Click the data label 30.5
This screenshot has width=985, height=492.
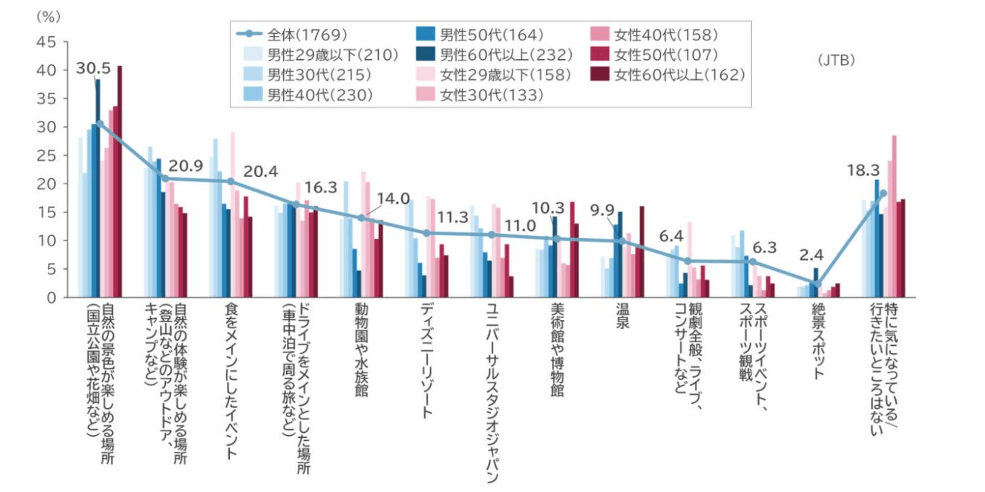[93, 68]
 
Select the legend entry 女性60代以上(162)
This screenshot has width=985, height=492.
[668, 75]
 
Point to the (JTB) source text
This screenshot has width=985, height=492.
[836, 60]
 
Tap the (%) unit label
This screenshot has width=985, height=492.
[48, 17]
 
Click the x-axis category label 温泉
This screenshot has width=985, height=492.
[622, 316]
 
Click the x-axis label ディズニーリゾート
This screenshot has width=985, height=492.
[427, 360]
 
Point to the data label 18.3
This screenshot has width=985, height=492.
[863, 170]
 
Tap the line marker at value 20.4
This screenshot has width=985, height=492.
[230, 181]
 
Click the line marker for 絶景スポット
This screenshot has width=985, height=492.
[817, 284]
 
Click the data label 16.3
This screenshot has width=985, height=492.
[320, 188]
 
